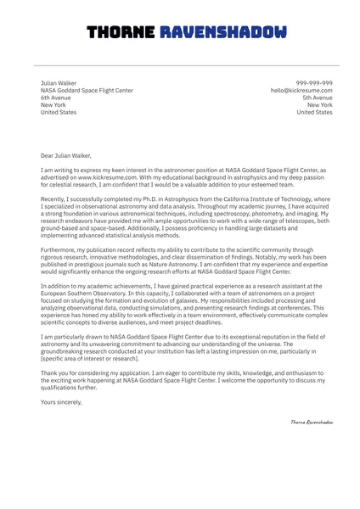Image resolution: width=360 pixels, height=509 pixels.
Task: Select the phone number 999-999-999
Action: pyautogui.click(x=313, y=83)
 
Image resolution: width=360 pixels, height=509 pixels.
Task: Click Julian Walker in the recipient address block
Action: pyautogui.click(x=59, y=83)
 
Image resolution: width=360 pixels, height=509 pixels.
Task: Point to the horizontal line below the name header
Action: pyautogui.click(x=180, y=64)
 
